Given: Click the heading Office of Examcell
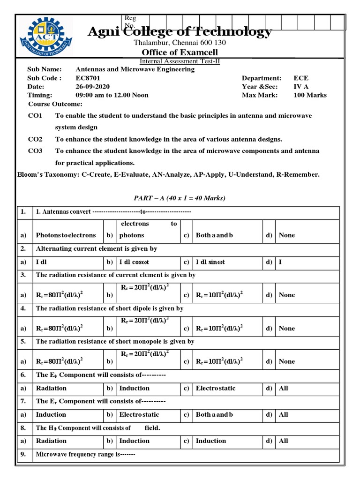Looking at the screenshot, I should point(180,52).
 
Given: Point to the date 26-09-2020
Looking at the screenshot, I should point(92,87).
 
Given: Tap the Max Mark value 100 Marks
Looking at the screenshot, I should point(310,95).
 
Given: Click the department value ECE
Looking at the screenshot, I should point(301,78).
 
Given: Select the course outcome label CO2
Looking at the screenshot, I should point(35,139).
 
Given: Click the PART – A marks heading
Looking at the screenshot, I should point(180,198).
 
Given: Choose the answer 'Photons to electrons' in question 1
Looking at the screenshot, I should point(66,235).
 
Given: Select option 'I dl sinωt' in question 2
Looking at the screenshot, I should point(210,262).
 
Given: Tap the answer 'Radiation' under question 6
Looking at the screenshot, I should point(51,388).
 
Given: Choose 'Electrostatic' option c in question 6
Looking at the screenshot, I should point(216,388).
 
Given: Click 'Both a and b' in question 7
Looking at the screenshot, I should point(214,414).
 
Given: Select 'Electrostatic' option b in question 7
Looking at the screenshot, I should point(139,414).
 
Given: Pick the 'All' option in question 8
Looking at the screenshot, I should point(284,441).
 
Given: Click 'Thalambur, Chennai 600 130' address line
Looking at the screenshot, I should point(180,43).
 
